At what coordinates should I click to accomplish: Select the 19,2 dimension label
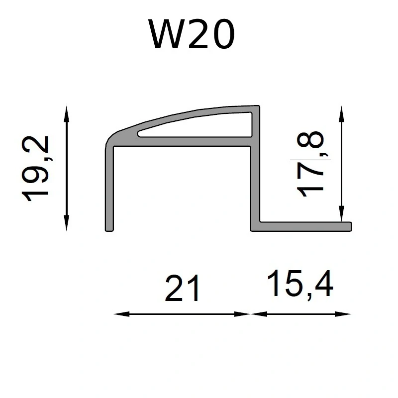pyautogui.click(x=38, y=168)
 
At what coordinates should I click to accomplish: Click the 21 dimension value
pyautogui.click(x=182, y=289)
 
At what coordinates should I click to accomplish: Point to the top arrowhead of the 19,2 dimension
pyautogui.click(x=67, y=109)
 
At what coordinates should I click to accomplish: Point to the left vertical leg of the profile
pyautogui.click(x=110, y=189)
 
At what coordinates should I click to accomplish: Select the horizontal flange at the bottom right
pyautogui.click(x=303, y=226)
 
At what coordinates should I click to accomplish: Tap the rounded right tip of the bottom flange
pyautogui.click(x=350, y=226)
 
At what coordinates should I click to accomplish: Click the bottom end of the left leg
pyautogui.click(x=110, y=229)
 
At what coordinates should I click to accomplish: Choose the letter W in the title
pyautogui.click(x=165, y=35)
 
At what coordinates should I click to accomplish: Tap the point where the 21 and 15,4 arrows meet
pyautogui.click(x=250, y=314)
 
